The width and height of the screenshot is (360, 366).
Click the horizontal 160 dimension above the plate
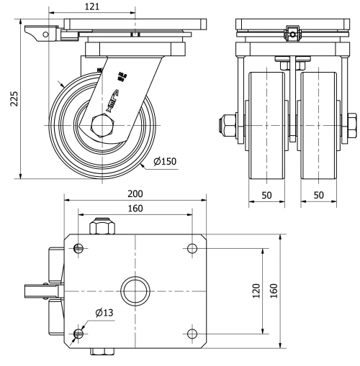tap(135, 209)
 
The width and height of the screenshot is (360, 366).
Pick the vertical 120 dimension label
tap(256, 291)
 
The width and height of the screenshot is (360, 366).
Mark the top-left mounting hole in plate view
tap(78, 249)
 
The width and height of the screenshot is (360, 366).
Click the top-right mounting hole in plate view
tap(192, 249)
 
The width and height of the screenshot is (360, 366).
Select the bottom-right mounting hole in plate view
tap(192, 334)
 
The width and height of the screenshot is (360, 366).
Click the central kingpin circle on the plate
tap(135, 291)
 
